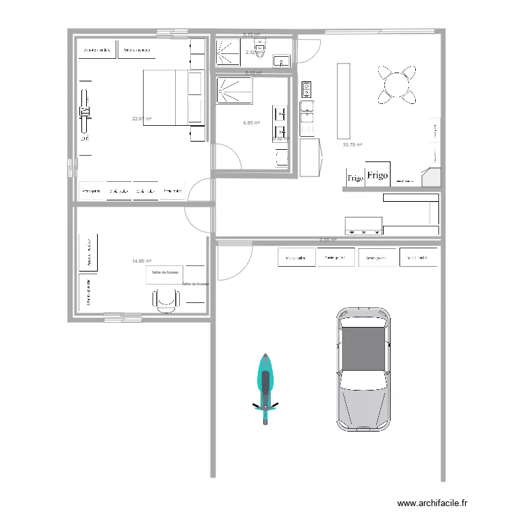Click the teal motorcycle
265,386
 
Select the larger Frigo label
377,176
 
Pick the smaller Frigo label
355,179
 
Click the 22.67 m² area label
142,119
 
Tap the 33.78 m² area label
352,144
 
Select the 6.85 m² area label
252,123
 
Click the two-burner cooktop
306,88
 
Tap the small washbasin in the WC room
282,61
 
